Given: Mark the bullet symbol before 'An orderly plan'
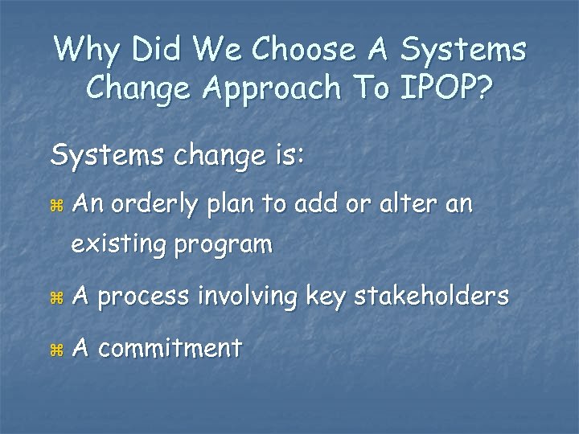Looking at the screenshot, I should [55, 207].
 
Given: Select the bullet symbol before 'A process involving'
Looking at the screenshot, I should [55, 298].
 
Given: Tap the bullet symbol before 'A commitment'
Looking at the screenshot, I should [55, 350].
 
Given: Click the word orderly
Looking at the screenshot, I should [156, 207].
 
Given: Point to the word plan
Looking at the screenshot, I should [234, 207].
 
